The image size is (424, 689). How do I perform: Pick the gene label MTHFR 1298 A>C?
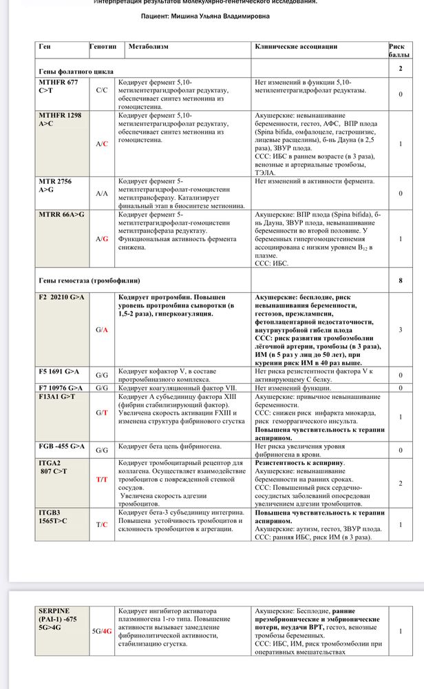tap(60, 119)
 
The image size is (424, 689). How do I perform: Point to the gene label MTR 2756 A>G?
tap(55, 185)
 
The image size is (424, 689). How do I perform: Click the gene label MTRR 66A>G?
tap(62, 215)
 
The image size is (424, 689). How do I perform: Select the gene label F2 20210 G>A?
tap(62, 296)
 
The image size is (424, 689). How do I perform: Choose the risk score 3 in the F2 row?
tap(401, 330)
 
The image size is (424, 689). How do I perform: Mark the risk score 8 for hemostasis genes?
tap(401, 280)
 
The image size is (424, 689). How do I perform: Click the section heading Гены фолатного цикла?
tap(76, 71)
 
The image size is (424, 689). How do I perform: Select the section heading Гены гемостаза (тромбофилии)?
tap(89, 280)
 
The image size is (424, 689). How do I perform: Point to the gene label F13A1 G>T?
tap(59, 397)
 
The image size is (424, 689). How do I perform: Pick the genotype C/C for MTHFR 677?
tap(102, 90)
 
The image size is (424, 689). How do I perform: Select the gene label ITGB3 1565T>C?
tap(55, 517)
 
